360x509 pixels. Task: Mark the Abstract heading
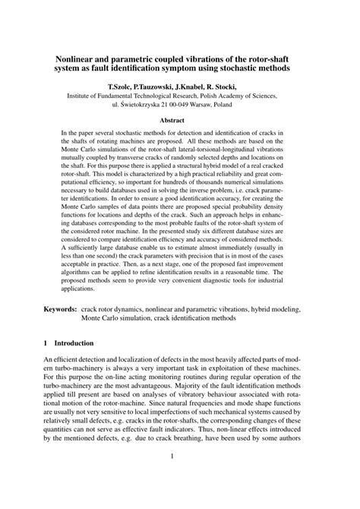pos(179,120)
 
